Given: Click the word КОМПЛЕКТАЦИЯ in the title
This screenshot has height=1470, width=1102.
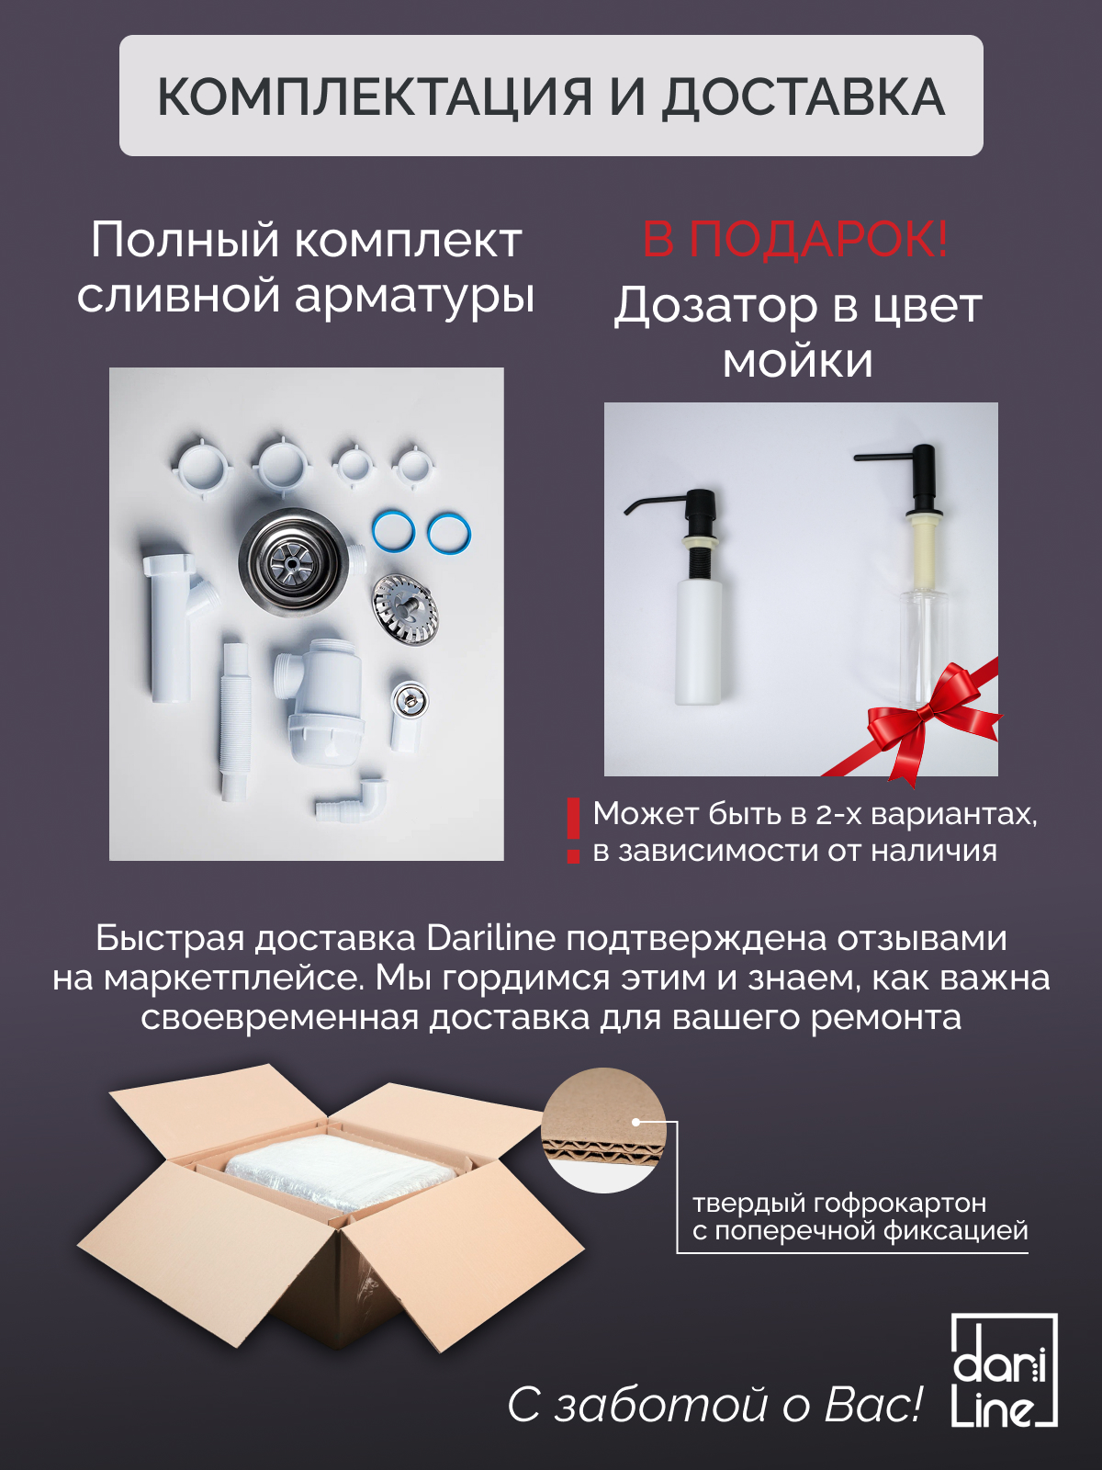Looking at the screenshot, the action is tap(375, 97).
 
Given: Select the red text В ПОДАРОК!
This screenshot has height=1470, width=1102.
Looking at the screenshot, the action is tap(795, 239).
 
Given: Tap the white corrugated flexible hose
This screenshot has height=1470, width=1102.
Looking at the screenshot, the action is tap(235, 721).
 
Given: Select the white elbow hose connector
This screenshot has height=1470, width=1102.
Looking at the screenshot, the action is tap(352, 799).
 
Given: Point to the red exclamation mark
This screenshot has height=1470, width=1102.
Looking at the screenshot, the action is tap(573, 831).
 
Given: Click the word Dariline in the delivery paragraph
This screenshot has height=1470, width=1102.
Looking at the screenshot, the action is tap(490, 938).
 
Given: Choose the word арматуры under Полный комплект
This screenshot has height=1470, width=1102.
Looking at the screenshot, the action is tap(414, 297).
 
